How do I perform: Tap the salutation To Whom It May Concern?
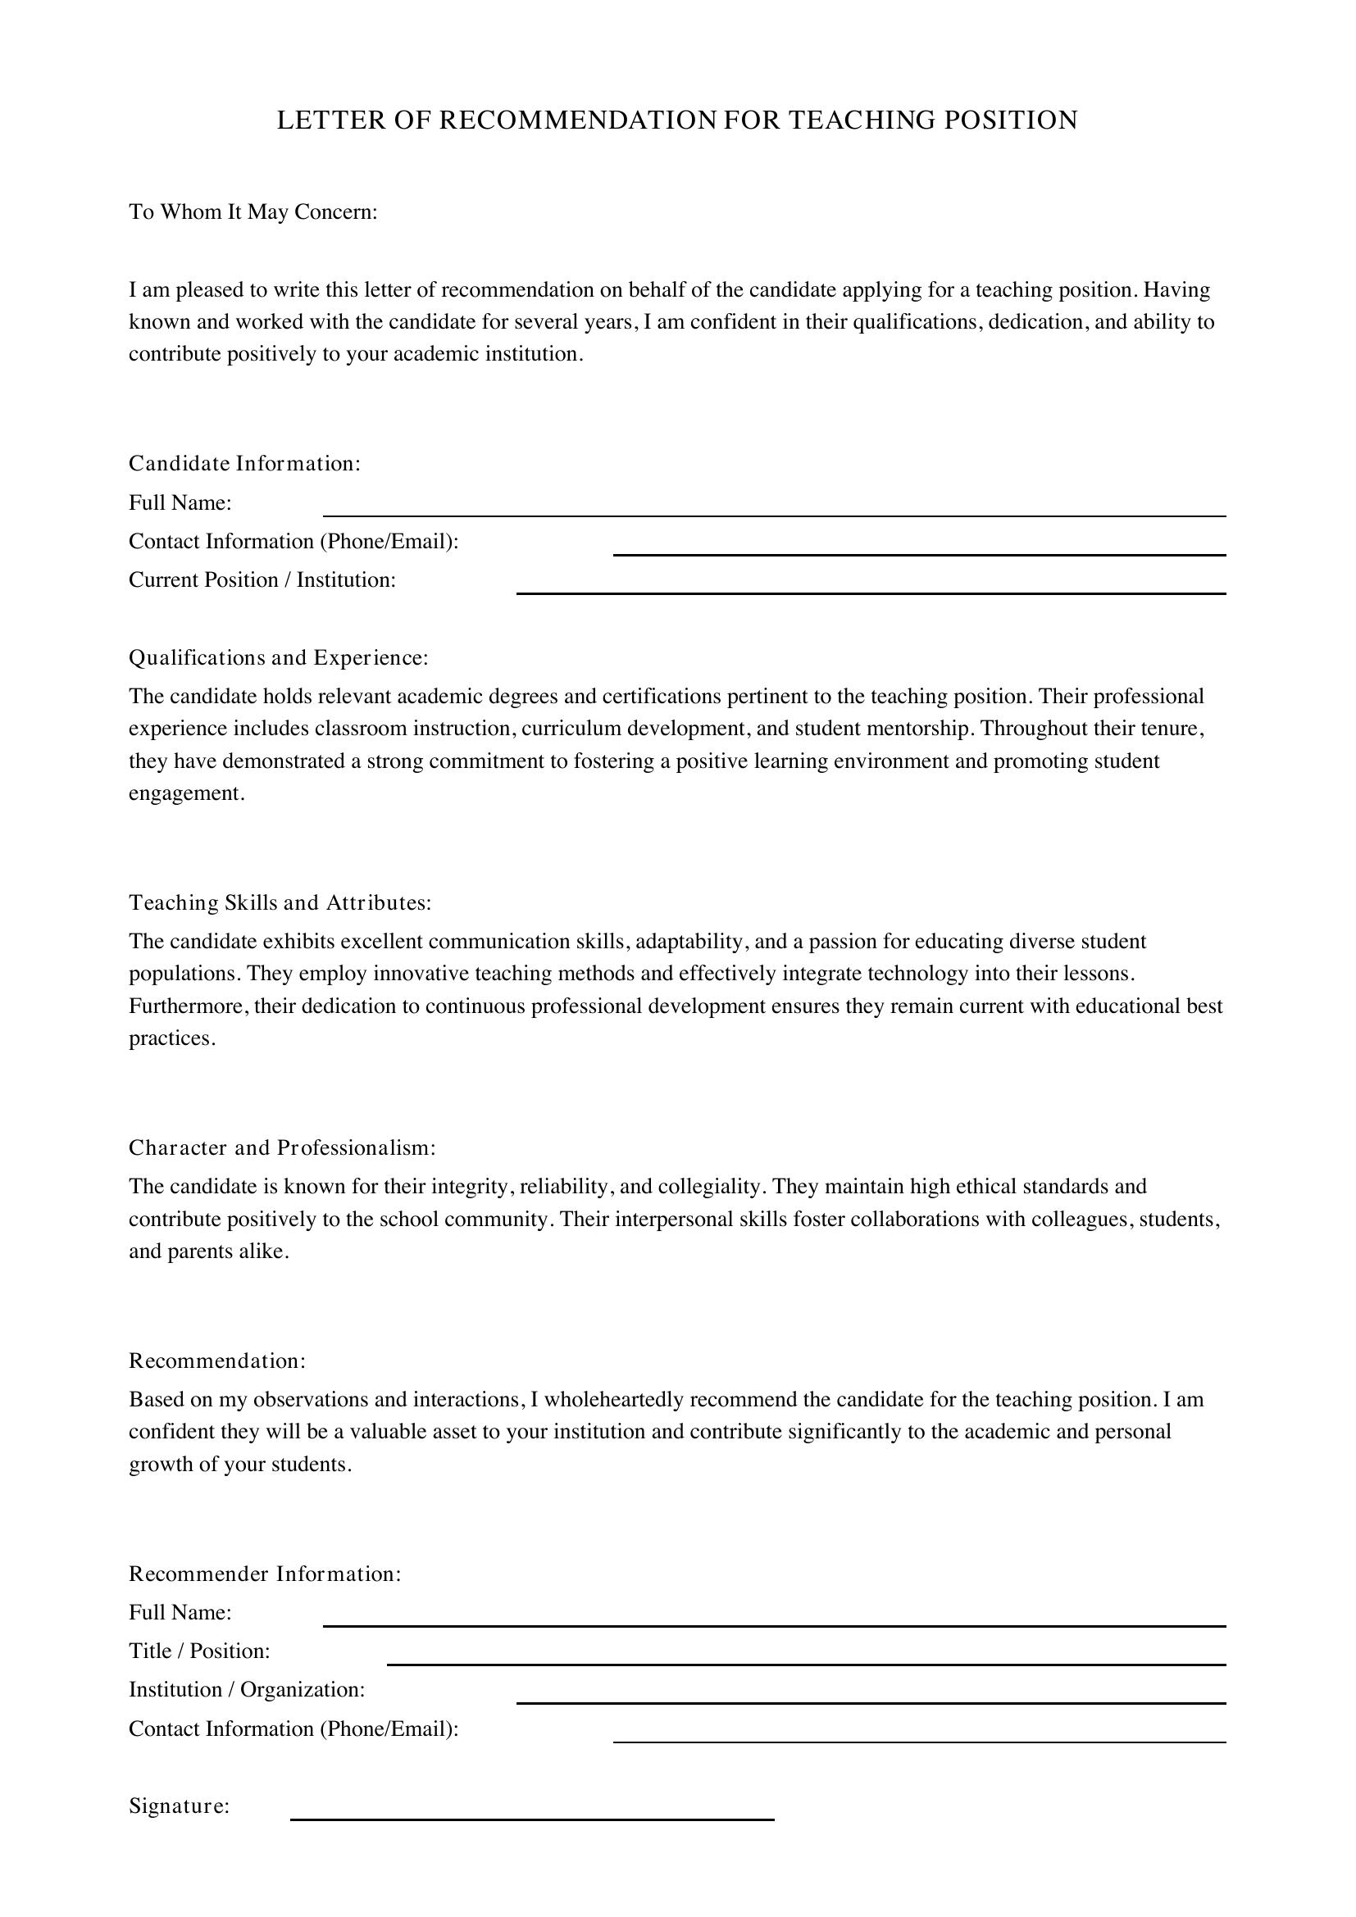tap(253, 212)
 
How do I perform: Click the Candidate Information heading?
tap(244, 463)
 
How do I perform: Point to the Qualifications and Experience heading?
tap(278, 658)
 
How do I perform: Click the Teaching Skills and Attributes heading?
tap(280, 902)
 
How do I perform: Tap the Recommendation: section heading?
tap(217, 1361)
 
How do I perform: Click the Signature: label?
tap(179, 1807)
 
